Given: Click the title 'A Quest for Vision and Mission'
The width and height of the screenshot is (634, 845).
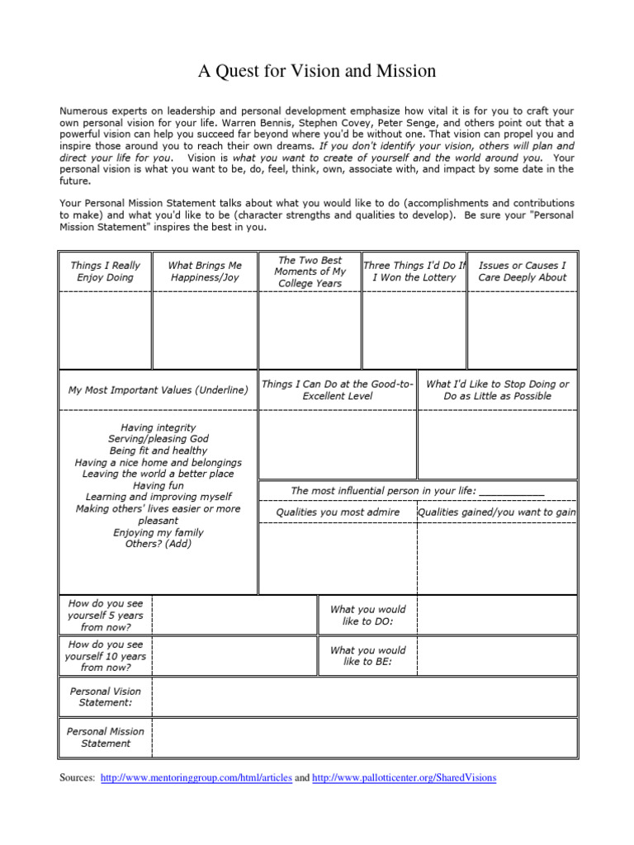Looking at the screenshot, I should point(317,72).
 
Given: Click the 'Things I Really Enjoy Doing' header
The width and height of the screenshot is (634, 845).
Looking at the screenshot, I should point(105,271).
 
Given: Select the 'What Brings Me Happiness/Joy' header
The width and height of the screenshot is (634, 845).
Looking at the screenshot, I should point(205,271).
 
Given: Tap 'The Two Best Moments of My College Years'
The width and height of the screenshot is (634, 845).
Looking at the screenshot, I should point(310,271).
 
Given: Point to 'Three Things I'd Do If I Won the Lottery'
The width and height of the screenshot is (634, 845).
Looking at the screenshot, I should point(414,271).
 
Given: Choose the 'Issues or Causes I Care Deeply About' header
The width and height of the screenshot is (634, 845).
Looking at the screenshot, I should point(523,271).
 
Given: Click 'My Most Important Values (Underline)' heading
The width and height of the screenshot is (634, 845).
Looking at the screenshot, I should point(158,390).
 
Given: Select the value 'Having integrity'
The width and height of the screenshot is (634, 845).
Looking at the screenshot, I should point(158,427).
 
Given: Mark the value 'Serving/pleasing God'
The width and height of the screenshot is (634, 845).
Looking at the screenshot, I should point(158,439).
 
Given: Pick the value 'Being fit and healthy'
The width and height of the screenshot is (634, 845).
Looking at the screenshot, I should point(158,451).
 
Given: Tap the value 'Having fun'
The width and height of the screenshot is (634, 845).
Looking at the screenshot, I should point(158,486).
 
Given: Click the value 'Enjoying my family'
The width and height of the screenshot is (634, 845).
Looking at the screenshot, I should point(158,532).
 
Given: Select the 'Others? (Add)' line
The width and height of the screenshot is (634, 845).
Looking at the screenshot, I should point(158,544).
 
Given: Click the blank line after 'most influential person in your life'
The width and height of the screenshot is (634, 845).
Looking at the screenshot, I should point(512,491).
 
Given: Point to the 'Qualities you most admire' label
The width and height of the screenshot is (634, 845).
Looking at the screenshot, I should point(338,512).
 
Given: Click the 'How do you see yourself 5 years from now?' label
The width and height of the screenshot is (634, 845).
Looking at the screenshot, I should point(106,615).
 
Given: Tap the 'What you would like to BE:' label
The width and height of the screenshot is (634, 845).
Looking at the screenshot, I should point(367,656).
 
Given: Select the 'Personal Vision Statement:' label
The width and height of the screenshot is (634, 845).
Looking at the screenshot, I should point(105,696).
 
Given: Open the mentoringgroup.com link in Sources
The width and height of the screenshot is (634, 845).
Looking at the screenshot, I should point(196,778).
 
